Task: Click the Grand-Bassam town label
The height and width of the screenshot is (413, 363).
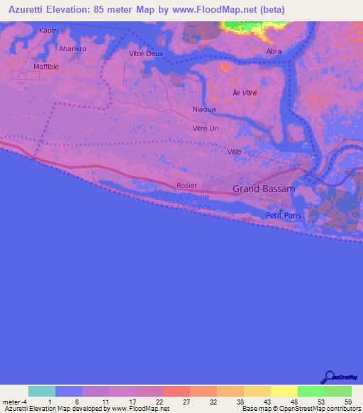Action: pos(260,189)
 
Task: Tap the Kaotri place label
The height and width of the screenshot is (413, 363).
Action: pos(49,31)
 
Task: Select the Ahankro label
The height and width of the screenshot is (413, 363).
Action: pos(72,48)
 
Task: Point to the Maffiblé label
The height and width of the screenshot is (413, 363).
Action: pos(48,67)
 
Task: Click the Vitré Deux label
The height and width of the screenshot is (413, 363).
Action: pos(145,53)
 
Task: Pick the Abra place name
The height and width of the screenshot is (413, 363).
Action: pos(274,52)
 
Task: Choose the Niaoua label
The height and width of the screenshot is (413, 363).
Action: pos(204,109)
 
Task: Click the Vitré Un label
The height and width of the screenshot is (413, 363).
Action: pos(206,128)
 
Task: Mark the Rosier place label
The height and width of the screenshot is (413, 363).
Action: pos(186,185)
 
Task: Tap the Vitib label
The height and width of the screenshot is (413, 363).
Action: pos(235,153)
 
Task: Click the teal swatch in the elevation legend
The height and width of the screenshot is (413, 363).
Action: pos(42,391)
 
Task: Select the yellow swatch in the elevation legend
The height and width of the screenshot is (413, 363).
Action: pos(284,391)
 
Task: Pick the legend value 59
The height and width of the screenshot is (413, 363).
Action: pos(347,402)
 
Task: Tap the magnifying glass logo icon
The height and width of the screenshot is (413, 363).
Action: pos(328,377)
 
